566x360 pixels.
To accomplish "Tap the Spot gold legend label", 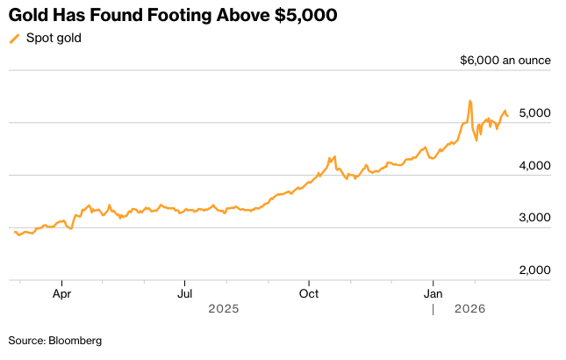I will [x=54, y=38].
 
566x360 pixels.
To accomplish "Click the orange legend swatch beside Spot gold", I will [x=14, y=39].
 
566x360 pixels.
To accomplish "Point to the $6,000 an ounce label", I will [x=505, y=61].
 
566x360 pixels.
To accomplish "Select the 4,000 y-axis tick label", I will [x=534, y=165].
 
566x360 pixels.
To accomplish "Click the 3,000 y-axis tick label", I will [x=534, y=217].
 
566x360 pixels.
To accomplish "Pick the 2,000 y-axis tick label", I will [x=534, y=270].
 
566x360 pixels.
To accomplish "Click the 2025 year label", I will [x=223, y=309].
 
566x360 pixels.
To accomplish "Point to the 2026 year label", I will [x=470, y=309].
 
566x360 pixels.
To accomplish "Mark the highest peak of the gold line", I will [x=470, y=101].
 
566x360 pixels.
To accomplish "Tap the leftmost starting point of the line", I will [x=15, y=232].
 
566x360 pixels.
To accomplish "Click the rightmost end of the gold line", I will [x=507, y=116].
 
